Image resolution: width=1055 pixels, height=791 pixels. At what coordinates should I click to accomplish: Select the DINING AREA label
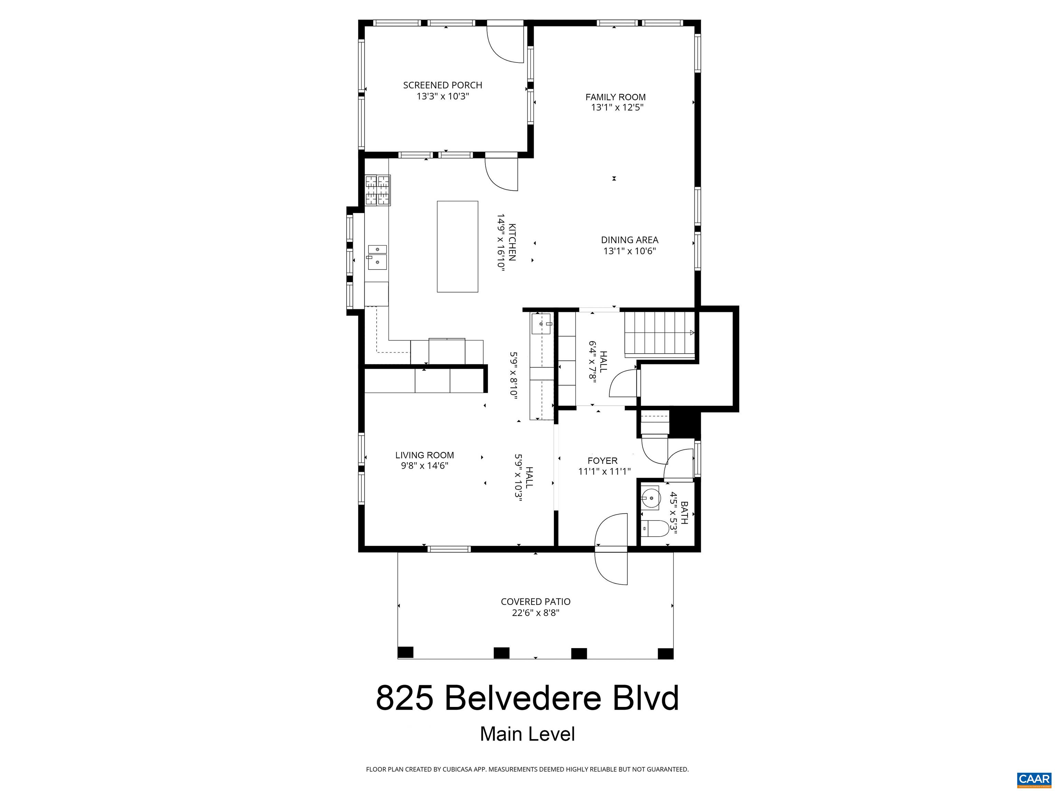pyautogui.click(x=629, y=240)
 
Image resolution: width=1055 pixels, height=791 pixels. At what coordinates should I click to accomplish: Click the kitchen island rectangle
pyautogui.click(x=457, y=247)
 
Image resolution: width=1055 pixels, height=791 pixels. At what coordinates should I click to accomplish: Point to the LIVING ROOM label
pyautogui.click(x=424, y=455)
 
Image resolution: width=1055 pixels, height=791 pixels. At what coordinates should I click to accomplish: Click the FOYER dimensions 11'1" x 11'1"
pyautogui.click(x=604, y=472)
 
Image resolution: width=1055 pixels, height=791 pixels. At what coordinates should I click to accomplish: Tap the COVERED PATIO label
pyautogui.click(x=535, y=602)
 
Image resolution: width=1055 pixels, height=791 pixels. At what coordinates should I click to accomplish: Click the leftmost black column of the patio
pyautogui.click(x=405, y=652)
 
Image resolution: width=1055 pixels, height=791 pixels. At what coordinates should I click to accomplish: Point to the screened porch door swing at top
pyautogui.click(x=504, y=44)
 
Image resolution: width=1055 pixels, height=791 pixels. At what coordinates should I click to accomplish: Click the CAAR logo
pyautogui.click(x=1034, y=779)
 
